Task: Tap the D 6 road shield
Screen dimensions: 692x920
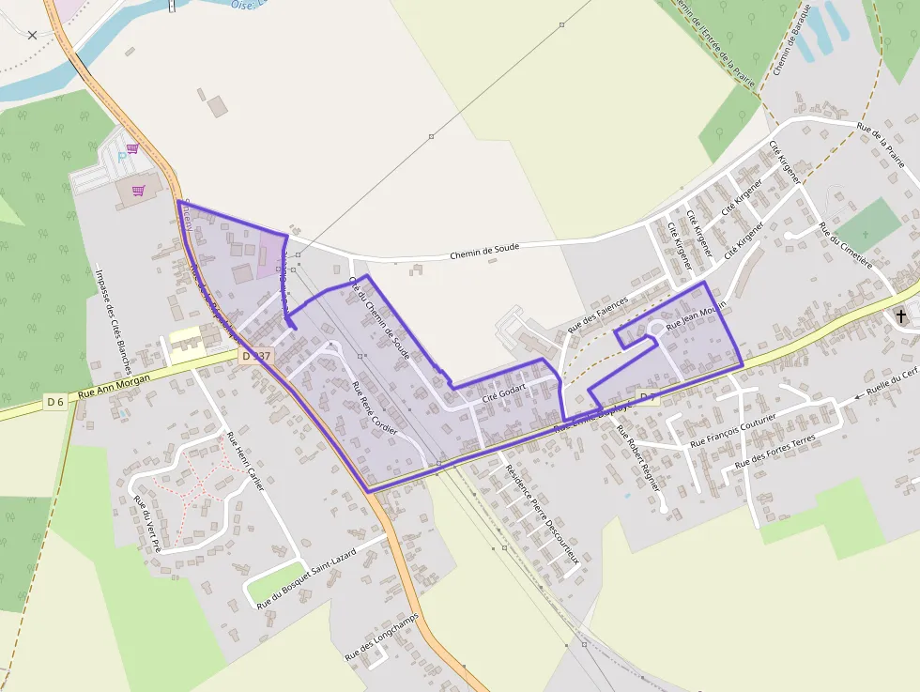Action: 55,402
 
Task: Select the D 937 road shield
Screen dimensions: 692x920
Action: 255,356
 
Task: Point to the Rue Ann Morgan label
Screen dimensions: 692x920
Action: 115,387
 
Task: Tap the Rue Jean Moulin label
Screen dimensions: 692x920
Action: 696,316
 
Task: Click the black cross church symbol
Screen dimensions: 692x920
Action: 902,315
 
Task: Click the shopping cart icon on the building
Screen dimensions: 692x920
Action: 139,191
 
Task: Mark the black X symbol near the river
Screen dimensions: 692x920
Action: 33,35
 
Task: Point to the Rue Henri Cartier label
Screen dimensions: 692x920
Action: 246,461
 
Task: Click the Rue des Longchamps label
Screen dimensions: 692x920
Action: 380,638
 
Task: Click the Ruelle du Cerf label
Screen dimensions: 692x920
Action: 892,383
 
